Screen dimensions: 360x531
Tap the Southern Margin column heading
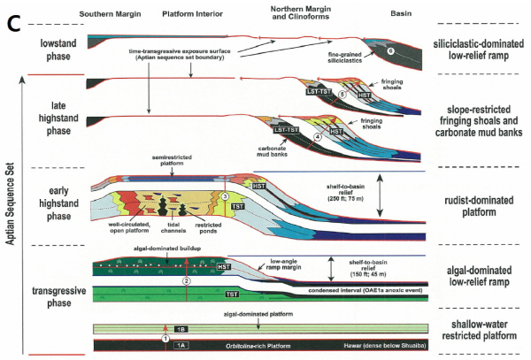pos(112,14)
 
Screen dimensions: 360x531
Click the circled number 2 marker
pos(186,280)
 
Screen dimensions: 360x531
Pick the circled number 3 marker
pos(226,196)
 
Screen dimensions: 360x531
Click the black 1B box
pos(181,328)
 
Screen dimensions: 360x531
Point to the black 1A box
pos(181,343)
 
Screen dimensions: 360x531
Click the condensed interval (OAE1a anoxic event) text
pos(355,289)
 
